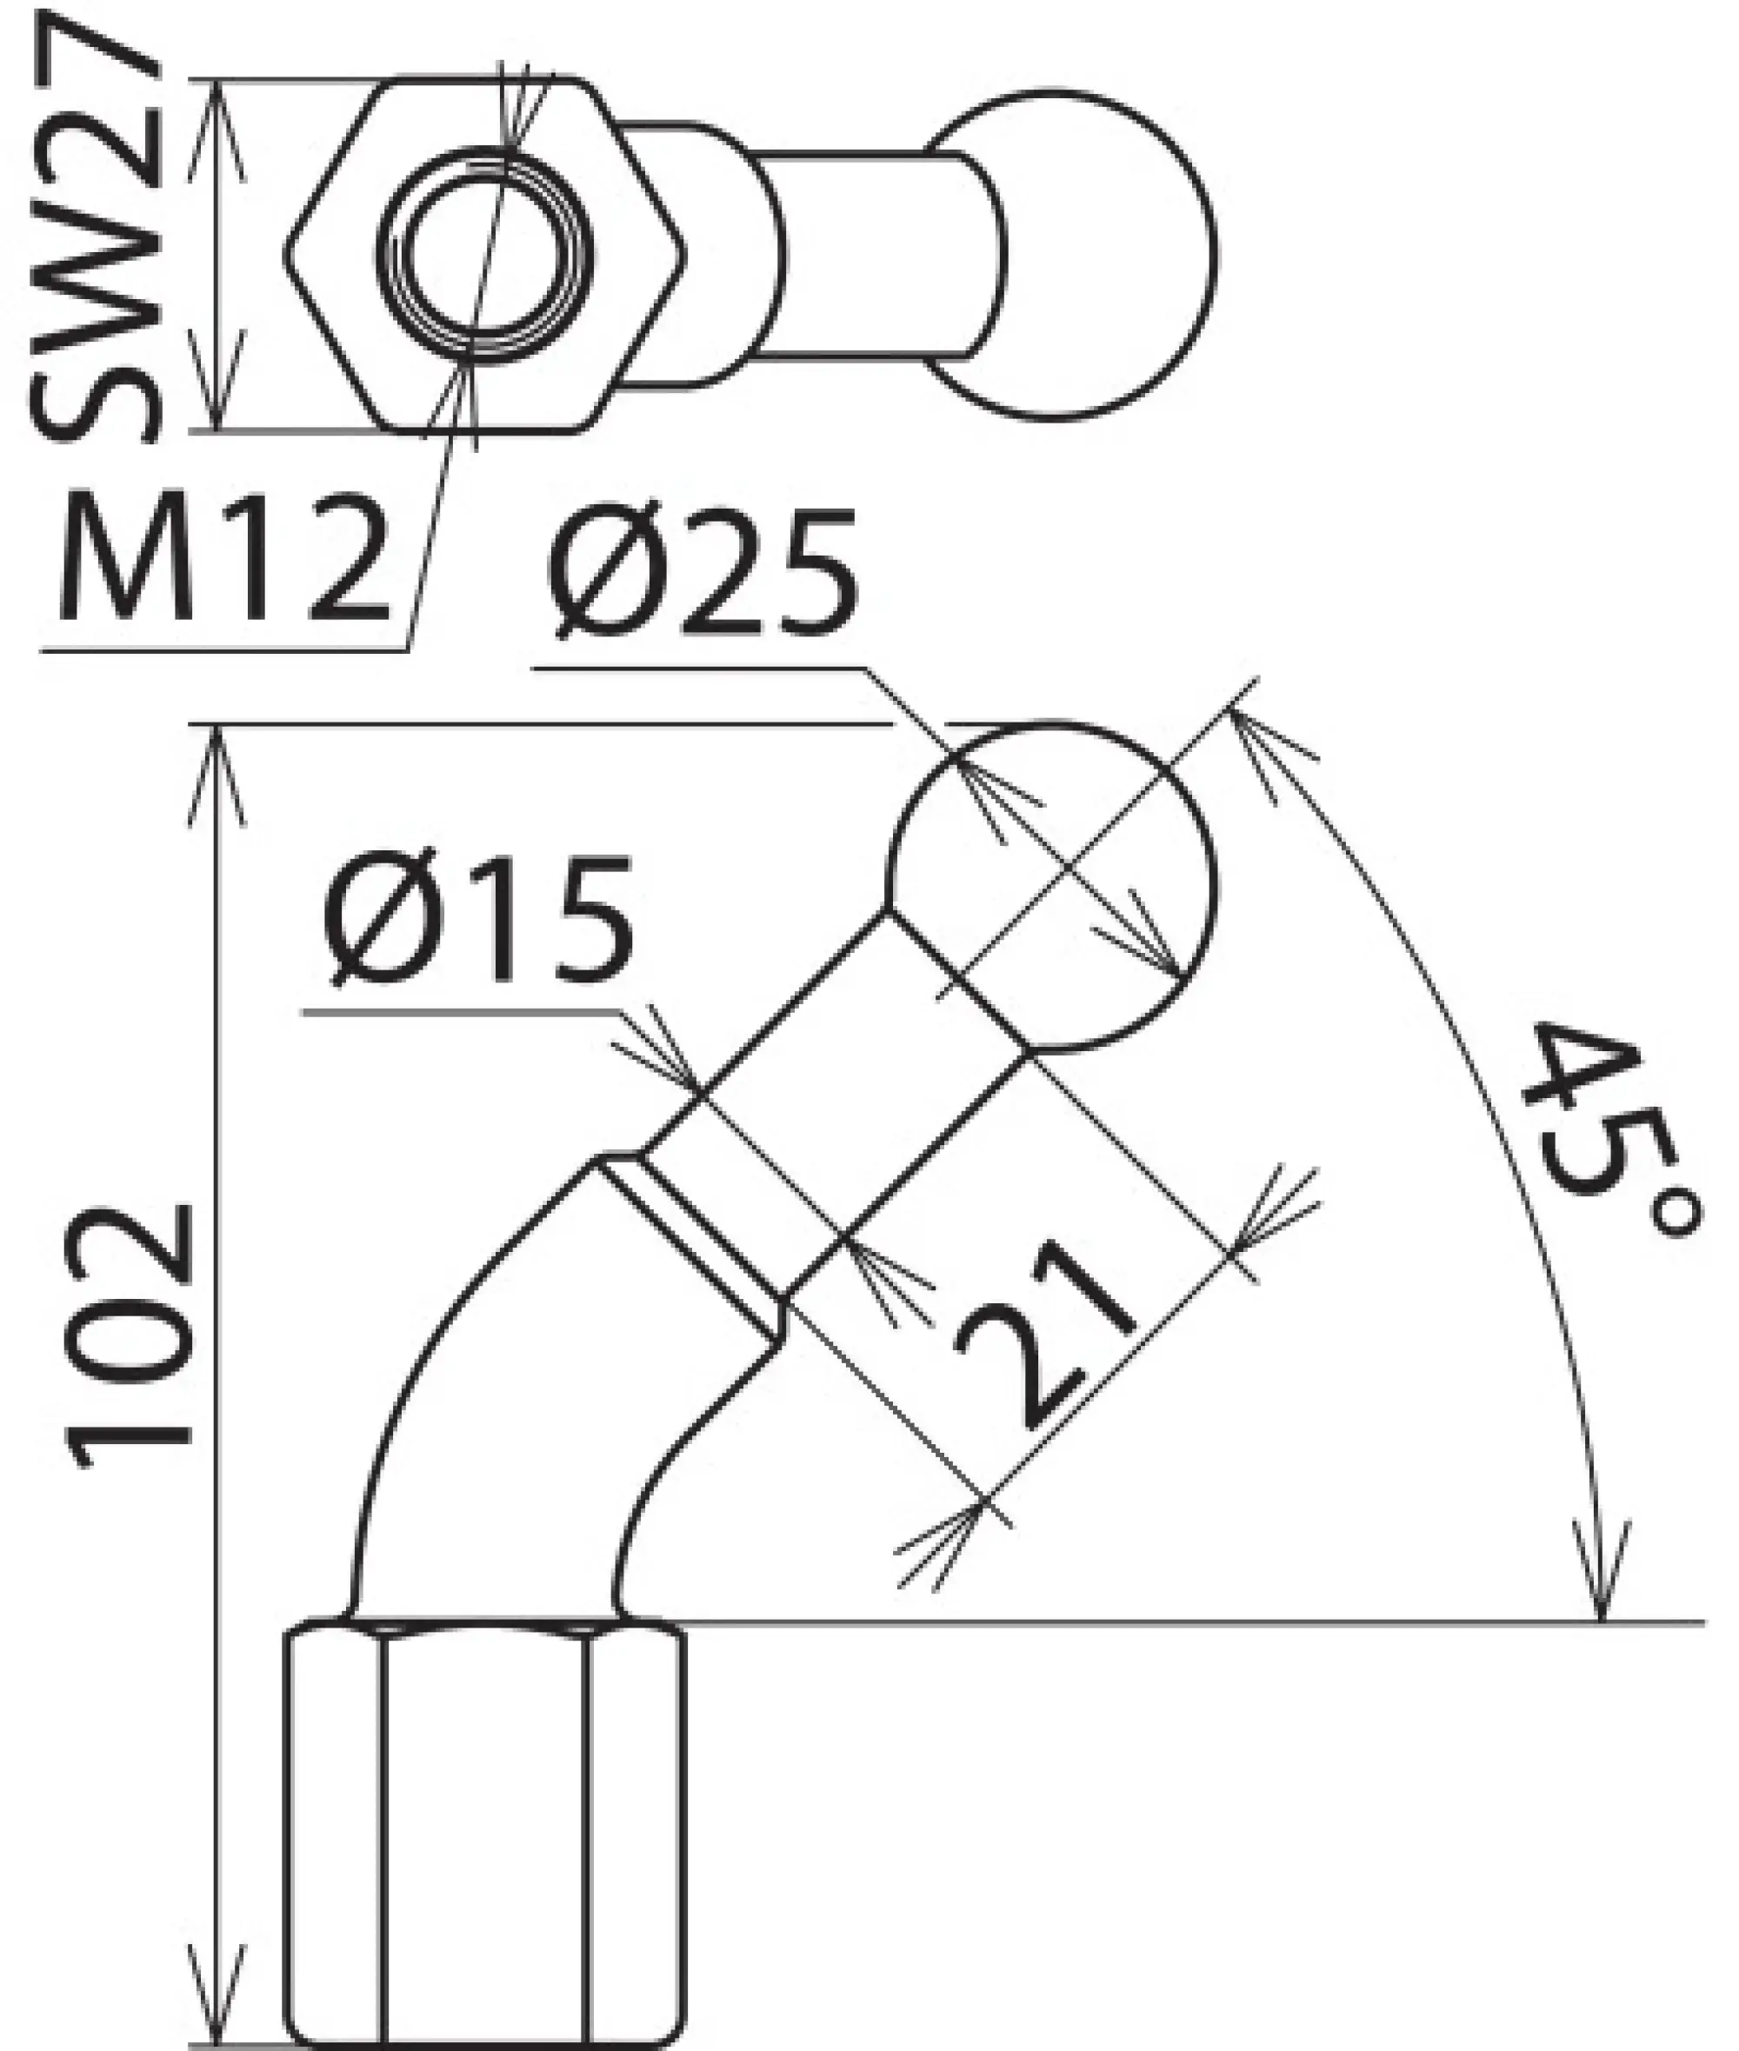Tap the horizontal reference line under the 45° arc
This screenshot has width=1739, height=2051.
(x=1183, y=1621)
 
